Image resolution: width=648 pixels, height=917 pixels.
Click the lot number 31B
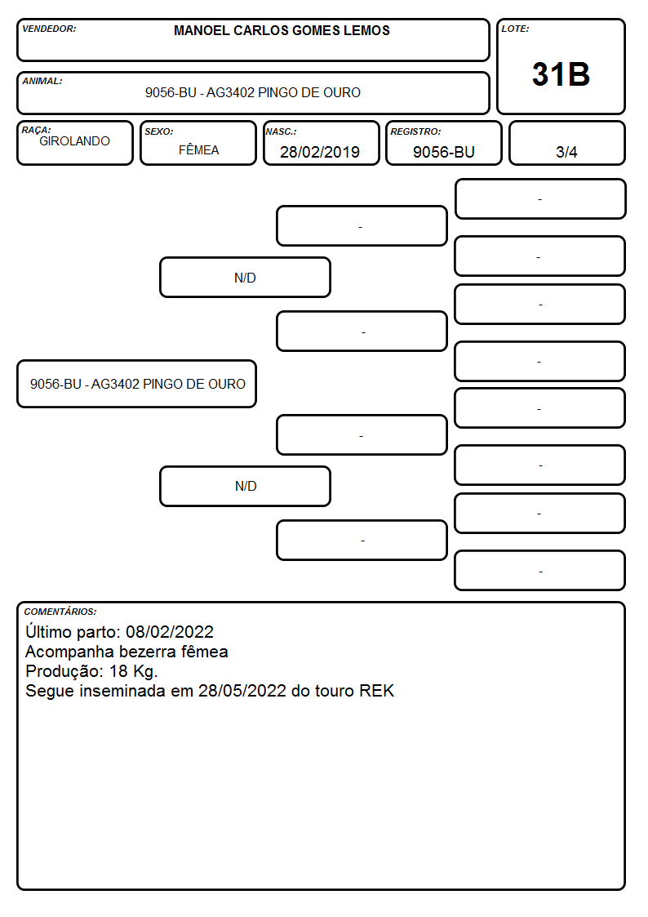click(x=561, y=74)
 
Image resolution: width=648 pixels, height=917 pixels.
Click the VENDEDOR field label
click(x=49, y=29)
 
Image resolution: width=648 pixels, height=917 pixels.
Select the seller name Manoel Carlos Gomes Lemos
click(x=282, y=30)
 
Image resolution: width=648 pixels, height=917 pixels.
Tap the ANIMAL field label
click(x=42, y=81)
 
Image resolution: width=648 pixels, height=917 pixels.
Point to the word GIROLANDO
click(x=74, y=141)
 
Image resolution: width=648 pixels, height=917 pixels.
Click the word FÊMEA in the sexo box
click(x=198, y=149)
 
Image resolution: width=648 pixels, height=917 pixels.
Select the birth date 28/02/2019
click(x=320, y=152)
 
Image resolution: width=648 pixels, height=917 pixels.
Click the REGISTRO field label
click(x=415, y=131)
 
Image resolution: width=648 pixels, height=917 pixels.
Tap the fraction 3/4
click(x=566, y=152)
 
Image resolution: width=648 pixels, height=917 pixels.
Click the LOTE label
click(x=515, y=29)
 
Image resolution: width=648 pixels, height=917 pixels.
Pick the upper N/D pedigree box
click(x=245, y=277)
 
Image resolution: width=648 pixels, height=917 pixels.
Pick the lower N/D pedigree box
click(x=245, y=486)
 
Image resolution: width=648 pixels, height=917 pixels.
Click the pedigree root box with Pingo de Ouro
click(x=137, y=384)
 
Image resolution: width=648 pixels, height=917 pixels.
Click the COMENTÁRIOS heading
click(x=60, y=612)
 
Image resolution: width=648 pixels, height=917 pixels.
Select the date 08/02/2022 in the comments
click(x=170, y=631)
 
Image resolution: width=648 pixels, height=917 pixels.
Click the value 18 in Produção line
click(x=118, y=670)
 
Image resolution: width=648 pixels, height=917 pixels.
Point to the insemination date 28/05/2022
click(x=242, y=691)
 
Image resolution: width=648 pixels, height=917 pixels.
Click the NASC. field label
click(x=281, y=131)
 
